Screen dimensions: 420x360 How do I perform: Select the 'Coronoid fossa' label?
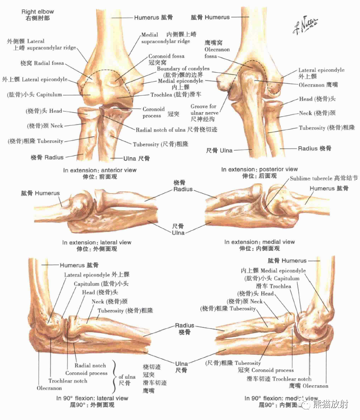[x=166, y=56]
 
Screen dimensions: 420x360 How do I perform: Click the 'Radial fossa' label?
[x=49, y=63]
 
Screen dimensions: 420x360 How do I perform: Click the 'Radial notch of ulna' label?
[x=161, y=130]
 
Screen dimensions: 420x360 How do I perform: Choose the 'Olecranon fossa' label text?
[x=217, y=49]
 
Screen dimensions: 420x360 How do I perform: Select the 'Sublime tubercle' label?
[x=313, y=179]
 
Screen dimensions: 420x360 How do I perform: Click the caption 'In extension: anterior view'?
[x=100, y=170]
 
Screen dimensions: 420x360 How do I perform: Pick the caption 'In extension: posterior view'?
[x=259, y=169]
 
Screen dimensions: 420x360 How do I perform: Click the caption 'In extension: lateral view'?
[x=97, y=243]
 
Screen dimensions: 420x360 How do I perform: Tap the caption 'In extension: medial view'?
[x=259, y=242]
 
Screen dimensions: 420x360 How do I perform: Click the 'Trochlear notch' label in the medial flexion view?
[x=292, y=379]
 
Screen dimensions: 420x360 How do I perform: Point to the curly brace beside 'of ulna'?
[x=115, y=376]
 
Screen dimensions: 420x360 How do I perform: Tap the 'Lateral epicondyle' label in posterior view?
[x=321, y=70]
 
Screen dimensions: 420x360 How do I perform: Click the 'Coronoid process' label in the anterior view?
[x=153, y=112]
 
